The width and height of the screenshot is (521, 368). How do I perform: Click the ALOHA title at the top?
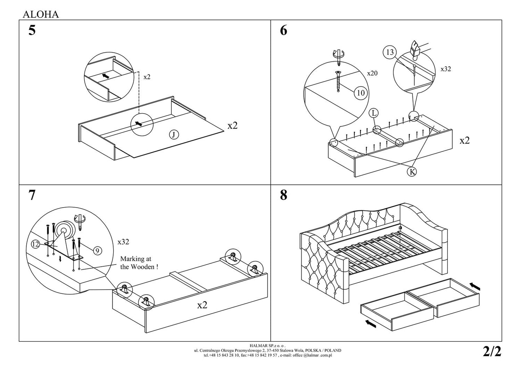(x=40, y=14)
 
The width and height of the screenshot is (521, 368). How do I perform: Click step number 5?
(x=32, y=31)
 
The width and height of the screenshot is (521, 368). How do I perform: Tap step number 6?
(x=283, y=31)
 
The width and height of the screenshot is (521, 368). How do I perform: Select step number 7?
(x=32, y=195)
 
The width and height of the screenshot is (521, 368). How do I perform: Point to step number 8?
(x=283, y=195)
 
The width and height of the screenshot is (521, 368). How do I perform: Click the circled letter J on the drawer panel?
(x=174, y=135)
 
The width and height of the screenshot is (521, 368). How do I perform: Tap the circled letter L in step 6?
(x=374, y=113)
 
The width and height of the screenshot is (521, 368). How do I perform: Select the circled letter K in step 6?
(x=411, y=172)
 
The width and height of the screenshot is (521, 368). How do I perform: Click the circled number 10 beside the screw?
(x=361, y=93)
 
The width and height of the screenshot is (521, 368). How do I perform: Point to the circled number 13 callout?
(x=390, y=52)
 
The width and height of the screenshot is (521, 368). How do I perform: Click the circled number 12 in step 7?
(x=35, y=245)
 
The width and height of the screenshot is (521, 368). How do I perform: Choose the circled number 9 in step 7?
(x=97, y=250)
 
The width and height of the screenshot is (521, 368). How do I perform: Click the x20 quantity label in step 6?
(x=372, y=73)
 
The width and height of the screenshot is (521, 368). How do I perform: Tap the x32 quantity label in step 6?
(x=446, y=69)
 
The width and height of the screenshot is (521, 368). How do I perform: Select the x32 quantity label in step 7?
(x=123, y=242)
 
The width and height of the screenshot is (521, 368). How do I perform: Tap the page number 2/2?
(x=492, y=351)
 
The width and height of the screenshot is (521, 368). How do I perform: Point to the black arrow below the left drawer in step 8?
(x=371, y=324)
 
